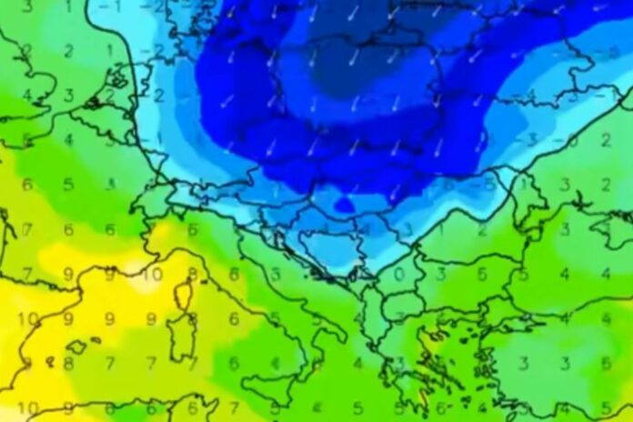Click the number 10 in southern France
click(x=154, y=274)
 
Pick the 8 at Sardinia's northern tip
click(x=192, y=318)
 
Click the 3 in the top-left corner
click(x=27, y=6)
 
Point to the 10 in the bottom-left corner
click(x=27, y=407)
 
